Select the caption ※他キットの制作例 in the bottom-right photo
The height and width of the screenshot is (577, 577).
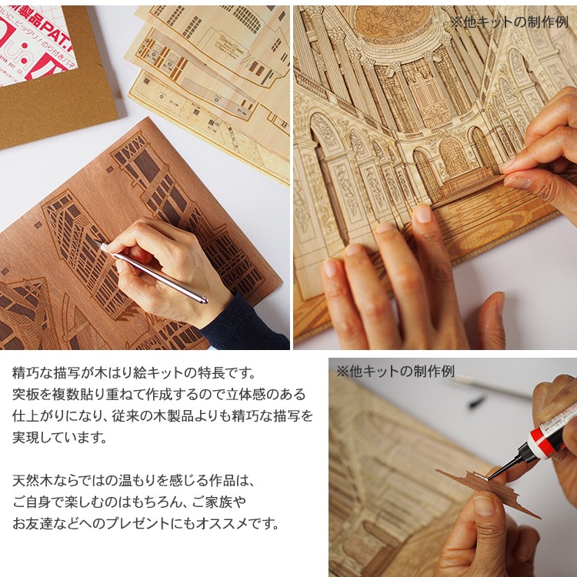coord(395,372)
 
